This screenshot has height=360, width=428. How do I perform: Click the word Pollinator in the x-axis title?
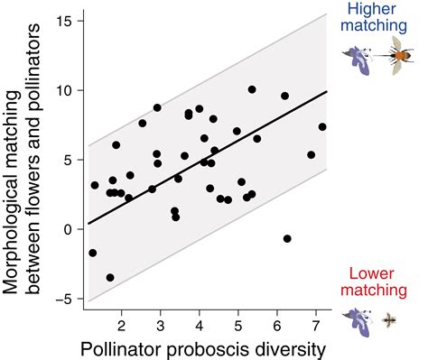(124, 347)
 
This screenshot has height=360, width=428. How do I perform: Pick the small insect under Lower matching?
(391, 319)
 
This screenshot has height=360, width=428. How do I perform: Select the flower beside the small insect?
(359, 319)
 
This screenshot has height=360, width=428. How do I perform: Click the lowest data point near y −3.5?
(110, 278)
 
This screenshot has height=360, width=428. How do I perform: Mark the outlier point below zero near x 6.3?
(287, 239)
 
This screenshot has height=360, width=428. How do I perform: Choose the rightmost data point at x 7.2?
(322, 127)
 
